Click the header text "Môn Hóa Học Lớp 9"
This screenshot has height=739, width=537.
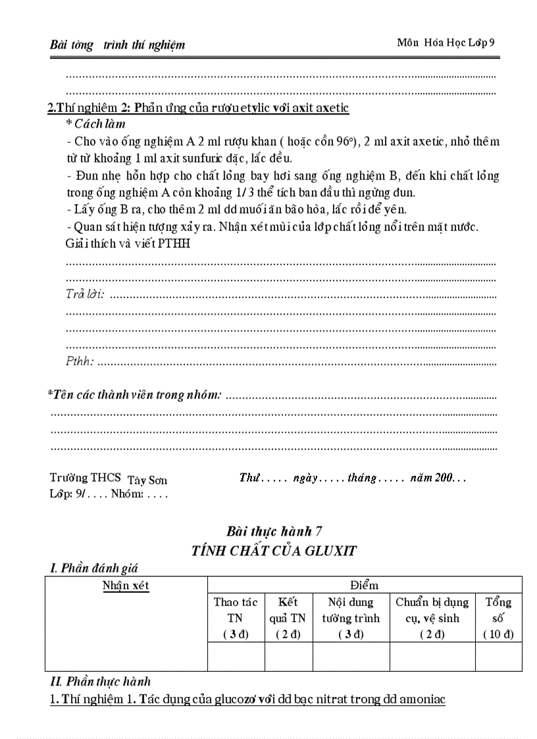[x=446, y=43]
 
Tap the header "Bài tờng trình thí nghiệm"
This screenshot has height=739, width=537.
[x=117, y=45]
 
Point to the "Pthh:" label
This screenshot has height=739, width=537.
[x=80, y=361]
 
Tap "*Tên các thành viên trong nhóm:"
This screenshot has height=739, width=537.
[x=134, y=395]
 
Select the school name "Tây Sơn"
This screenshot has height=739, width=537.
[x=147, y=480]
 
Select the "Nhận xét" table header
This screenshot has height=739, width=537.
[x=126, y=586]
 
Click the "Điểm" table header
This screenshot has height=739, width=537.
[x=365, y=585]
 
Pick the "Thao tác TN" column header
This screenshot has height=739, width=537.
[x=236, y=618]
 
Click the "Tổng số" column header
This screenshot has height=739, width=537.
[x=498, y=618]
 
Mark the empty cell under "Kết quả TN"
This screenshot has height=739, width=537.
[x=288, y=657]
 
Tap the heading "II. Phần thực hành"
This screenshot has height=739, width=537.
[x=101, y=682]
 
